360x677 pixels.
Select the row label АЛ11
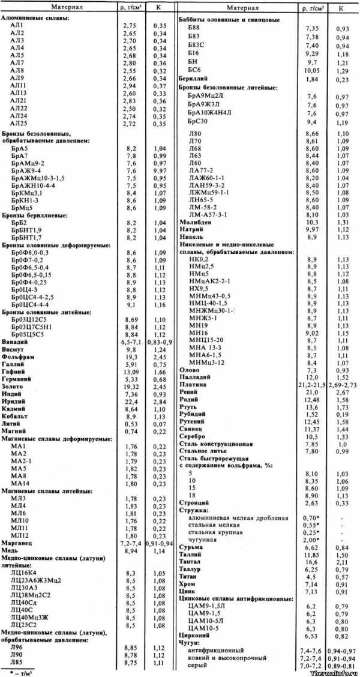click(17, 86)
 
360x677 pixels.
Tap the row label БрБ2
click(18, 221)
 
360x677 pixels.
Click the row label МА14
click(19, 483)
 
